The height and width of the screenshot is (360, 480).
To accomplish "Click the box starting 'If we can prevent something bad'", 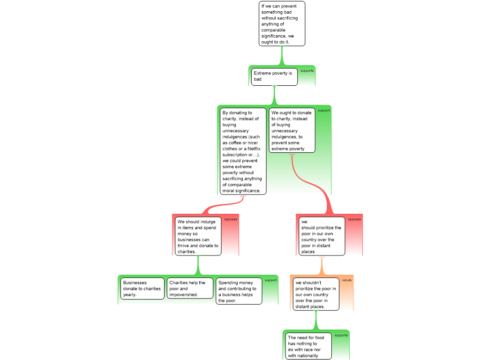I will pyautogui.click(x=282, y=23).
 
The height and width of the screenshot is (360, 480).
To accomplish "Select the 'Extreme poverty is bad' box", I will pyautogui.click(x=274, y=76).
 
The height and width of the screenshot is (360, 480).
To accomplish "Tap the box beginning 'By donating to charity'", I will pyautogui.click(x=242, y=151).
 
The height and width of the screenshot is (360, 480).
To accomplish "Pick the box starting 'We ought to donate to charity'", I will pyautogui.click(x=292, y=130).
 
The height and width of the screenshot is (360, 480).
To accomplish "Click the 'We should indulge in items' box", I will pyautogui.click(x=198, y=236).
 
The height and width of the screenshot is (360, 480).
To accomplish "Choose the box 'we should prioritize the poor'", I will pyautogui.click(x=321, y=236).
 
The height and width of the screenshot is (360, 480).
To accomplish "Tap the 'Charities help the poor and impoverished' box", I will pyautogui.click(x=190, y=289).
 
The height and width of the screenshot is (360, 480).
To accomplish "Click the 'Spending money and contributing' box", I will pyautogui.click(x=239, y=291).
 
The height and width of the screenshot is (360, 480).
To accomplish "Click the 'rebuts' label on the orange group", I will pyautogui.click(x=347, y=280).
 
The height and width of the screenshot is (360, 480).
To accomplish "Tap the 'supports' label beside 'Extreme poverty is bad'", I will pyautogui.click(x=307, y=71).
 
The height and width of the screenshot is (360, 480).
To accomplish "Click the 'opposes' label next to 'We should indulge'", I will pyautogui.click(x=231, y=219).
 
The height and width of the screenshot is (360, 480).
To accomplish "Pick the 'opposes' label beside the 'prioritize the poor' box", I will pyautogui.click(x=354, y=219).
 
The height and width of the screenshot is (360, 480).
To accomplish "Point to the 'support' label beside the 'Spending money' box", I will pyautogui.click(x=270, y=280).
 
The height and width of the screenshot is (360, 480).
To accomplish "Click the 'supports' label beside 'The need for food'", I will pyautogui.click(x=341, y=335).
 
